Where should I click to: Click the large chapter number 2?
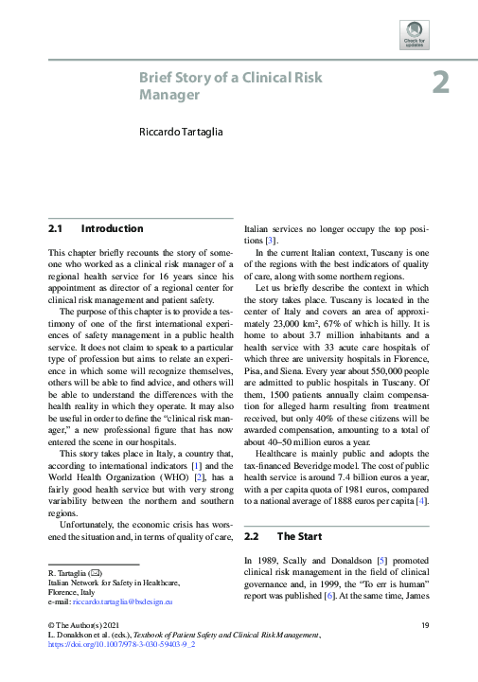tap(440, 83)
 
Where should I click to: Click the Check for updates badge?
tap(415, 33)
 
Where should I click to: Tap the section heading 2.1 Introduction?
tap(96, 229)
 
